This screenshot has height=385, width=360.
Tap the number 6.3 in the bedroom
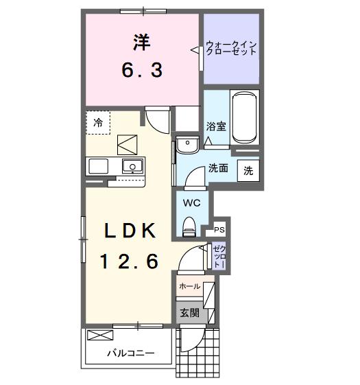142,69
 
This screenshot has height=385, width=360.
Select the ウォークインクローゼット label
232,49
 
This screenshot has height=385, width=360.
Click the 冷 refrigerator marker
98,123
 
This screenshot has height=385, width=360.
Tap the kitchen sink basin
131,166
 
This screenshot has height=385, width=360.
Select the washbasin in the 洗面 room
185,145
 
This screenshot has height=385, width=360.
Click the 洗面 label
218,167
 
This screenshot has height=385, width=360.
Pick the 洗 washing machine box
248,171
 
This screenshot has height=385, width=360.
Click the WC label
191,202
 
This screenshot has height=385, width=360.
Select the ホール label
189,286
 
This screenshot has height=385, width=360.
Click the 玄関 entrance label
190,313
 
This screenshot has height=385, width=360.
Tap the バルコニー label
130,353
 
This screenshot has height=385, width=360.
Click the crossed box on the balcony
100,336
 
